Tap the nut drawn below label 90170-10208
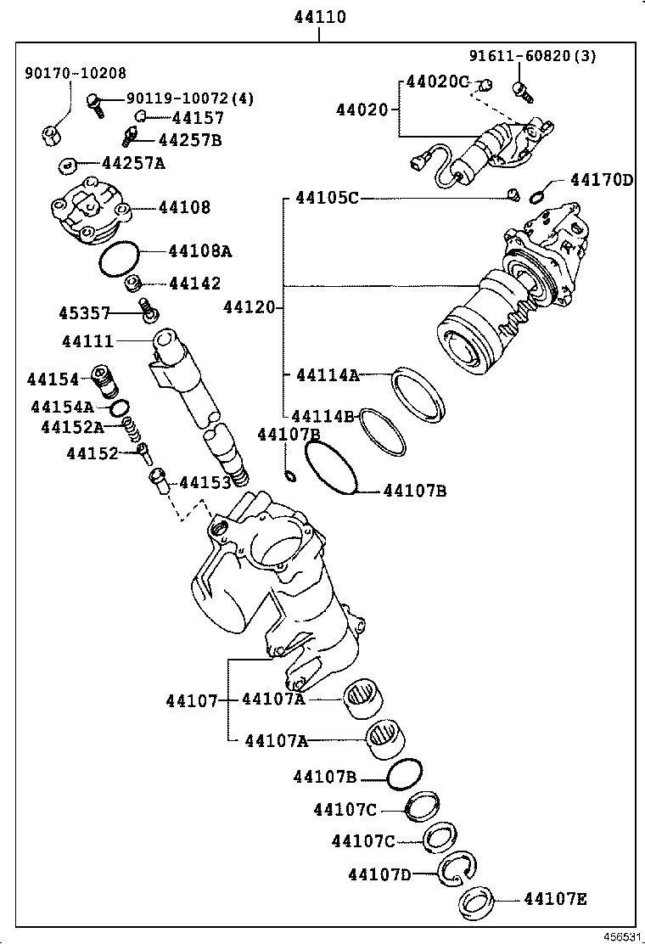(53, 133)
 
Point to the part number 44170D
(602, 180)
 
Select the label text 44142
(194, 284)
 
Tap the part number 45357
(84, 313)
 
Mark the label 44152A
(72, 427)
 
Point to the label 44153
(204, 483)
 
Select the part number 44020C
(437, 81)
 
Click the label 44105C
(327, 198)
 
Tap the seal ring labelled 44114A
(418, 395)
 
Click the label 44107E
(555, 898)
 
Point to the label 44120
(249, 306)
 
